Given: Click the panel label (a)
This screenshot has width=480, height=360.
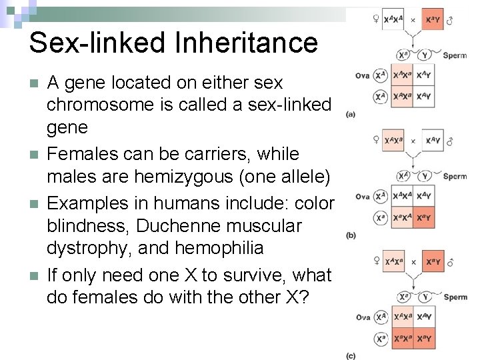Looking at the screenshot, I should [351, 115].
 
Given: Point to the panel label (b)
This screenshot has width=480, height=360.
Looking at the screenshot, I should [351, 235].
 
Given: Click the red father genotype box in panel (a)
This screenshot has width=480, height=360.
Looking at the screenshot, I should [433, 21].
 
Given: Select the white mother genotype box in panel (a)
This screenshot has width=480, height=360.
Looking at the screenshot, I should [393, 21].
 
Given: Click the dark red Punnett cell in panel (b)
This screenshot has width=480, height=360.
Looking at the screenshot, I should [424, 217].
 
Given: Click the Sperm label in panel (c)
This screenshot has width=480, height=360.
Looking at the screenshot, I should [455, 297].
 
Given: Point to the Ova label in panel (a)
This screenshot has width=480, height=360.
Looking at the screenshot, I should [363, 75].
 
